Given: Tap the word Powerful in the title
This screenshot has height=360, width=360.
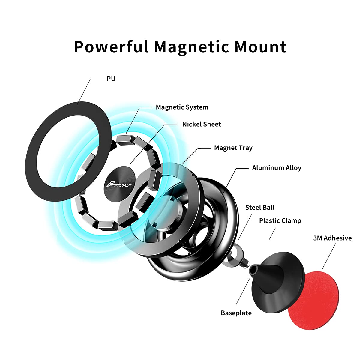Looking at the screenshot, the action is [x=111, y=47].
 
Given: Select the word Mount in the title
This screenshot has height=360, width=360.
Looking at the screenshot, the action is [x=260, y=47].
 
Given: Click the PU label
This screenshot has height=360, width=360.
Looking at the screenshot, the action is [x=111, y=79].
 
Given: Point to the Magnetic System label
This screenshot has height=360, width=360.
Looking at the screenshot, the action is [x=182, y=107].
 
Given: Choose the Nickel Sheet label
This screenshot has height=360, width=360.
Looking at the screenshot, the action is [x=202, y=124].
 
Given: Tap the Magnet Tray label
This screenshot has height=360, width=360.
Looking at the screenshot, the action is [x=233, y=148].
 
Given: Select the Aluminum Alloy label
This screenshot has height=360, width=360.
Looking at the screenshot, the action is [x=277, y=168].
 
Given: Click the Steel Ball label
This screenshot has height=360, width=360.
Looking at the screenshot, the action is [x=260, y=208].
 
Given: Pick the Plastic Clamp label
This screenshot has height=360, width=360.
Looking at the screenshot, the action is [x=280, y=221].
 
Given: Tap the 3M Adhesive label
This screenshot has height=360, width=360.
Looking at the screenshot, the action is [x=332, y=238].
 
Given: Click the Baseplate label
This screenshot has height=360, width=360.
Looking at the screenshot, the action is [x=236, y=313].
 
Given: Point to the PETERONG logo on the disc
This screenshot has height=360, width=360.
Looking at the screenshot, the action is [x=118, y=184].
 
